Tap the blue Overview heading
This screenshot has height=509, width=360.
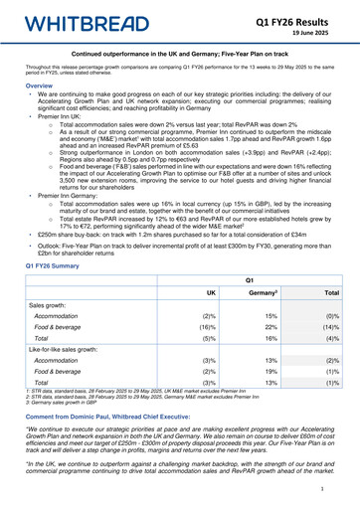(x=28, y=85)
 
